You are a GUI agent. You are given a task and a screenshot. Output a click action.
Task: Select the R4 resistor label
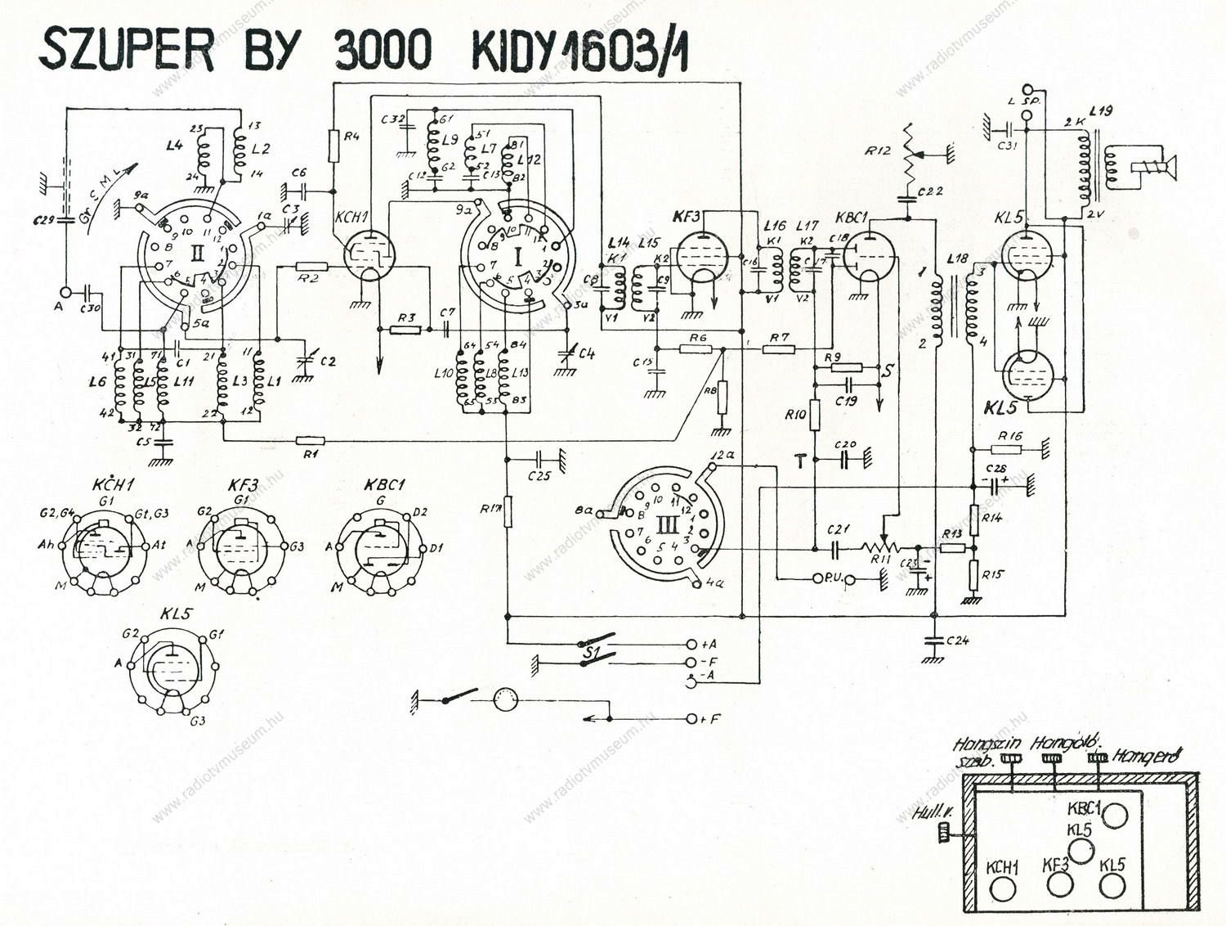tap(352, 137)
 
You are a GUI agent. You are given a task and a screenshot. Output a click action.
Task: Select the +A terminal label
tap(708, 644)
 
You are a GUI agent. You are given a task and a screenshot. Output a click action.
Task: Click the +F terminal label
tap(710, 719)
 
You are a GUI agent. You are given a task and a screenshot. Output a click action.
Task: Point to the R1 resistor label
tap(311, 454)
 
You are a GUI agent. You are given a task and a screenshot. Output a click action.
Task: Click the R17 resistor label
tap(490, 510)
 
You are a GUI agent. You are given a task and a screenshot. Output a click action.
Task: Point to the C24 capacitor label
tap(957, 641)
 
